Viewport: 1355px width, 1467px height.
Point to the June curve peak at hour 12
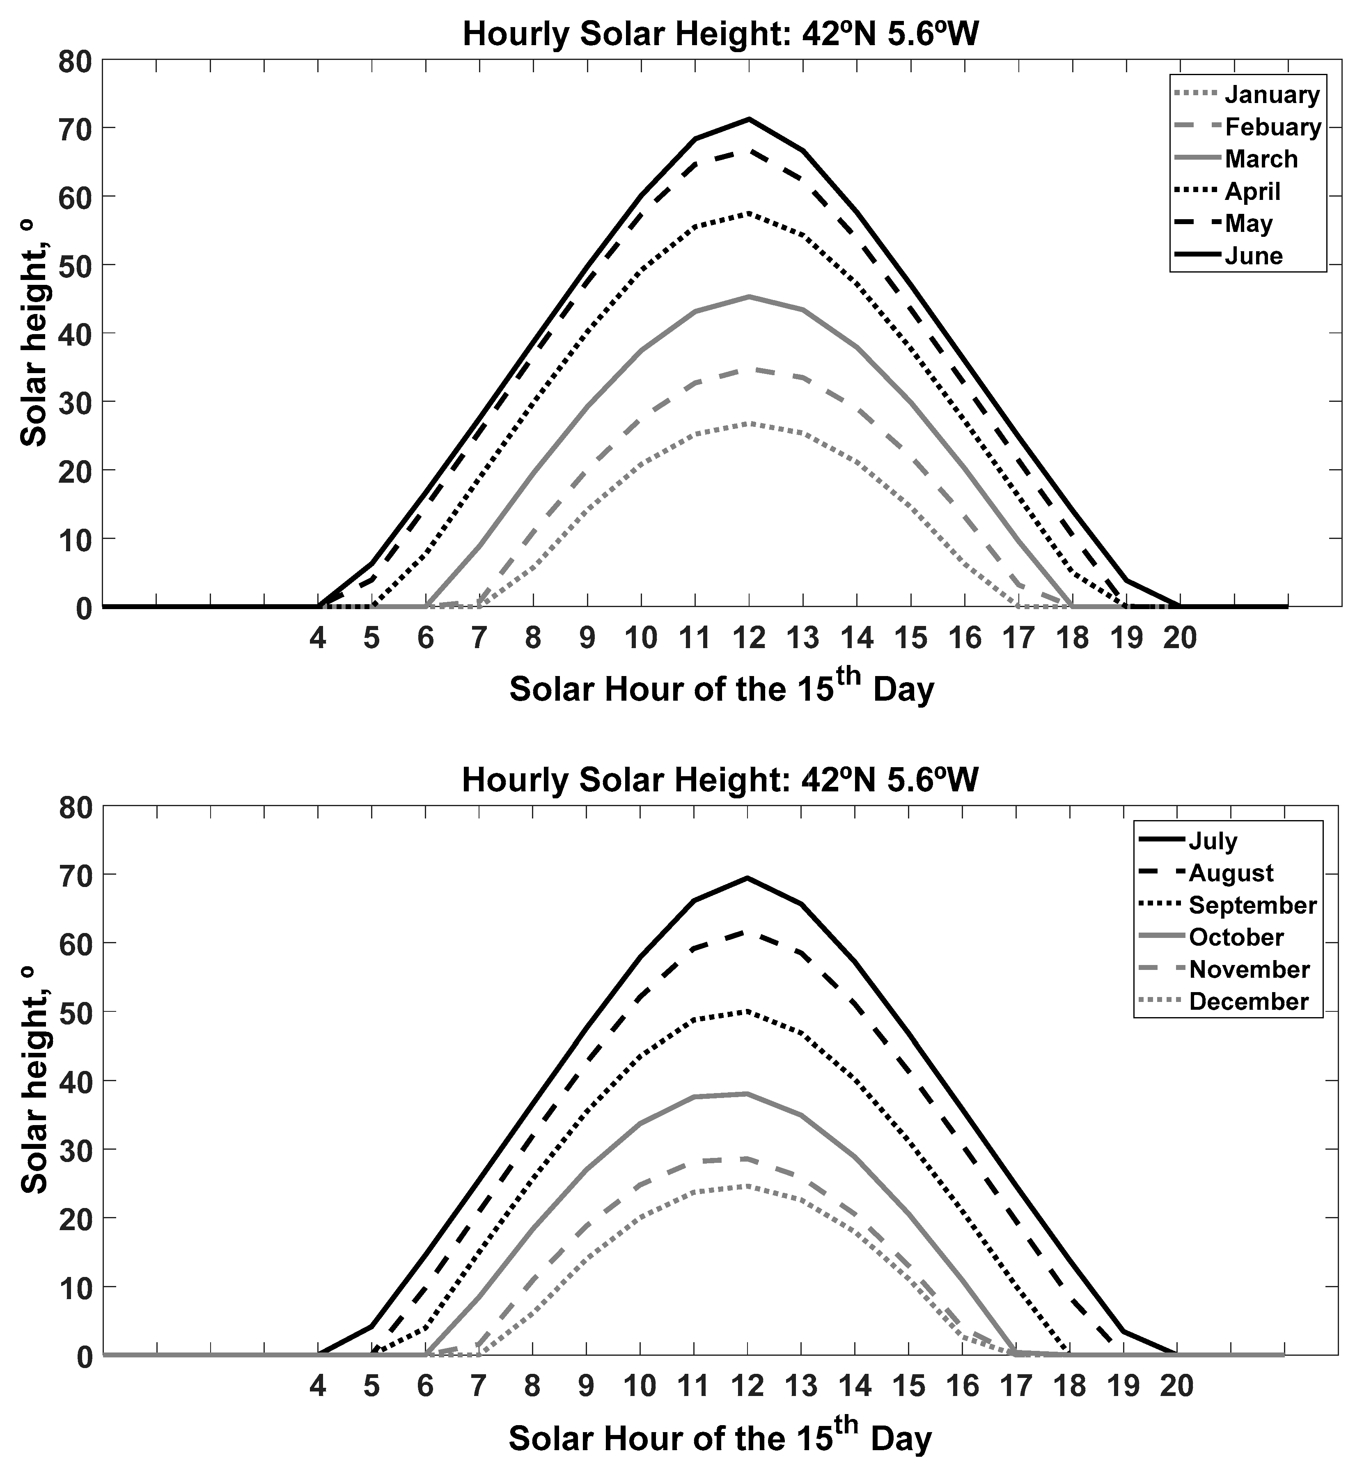tap(749, 119)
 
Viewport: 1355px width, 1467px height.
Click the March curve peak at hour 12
tap(749, 297)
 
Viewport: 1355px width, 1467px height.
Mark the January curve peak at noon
tap(749, 424)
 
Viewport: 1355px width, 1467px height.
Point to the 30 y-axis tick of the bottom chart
tap(76, 1150)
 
